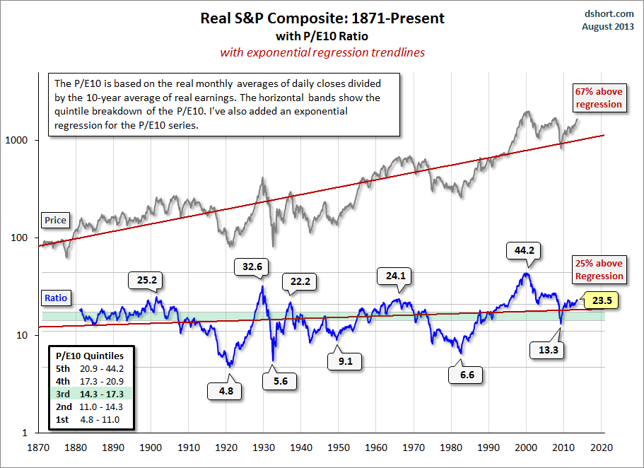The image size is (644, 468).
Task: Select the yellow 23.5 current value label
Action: click(x=602, y=300)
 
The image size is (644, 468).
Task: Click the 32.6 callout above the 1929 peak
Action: click(x=253, y=267)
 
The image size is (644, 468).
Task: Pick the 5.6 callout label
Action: click(x=282, y=380)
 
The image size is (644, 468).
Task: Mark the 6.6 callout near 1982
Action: click(x=467, y=374)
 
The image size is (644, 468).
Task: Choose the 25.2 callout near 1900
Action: click(x=146, y=281)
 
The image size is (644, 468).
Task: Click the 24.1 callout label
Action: click(x=397, y=276)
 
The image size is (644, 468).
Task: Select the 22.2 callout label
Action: click(x=300, y=281)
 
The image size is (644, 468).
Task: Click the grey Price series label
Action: click(x=55, y=220)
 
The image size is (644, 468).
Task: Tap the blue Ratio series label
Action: click(x=55, y=298)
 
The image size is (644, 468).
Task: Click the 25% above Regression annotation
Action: click(x=599, y=270)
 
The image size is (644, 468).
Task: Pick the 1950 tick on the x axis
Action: click(x=339, y=447)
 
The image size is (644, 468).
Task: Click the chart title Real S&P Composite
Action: click(x=322, y=18)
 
